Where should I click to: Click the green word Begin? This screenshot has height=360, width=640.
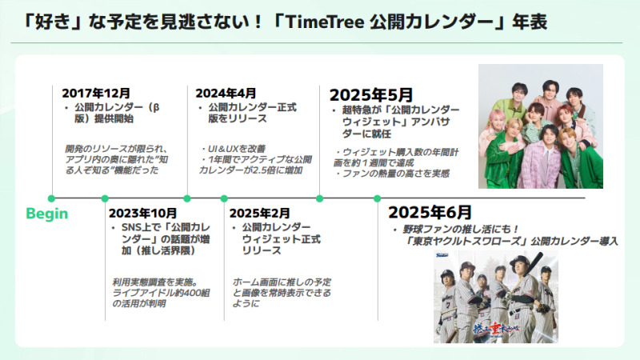coord(47,214)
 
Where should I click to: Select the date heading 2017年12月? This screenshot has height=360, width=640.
coord(96,93)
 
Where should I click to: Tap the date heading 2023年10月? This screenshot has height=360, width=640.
coord(143,213)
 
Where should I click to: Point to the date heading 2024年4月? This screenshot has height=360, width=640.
coord(226,93)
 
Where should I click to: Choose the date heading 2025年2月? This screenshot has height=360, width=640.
coord(259,213)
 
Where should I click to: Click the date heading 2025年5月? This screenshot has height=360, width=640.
coord(371,95)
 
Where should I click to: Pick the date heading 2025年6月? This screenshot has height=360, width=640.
coord(430,212)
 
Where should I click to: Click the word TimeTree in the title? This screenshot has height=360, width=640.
coord(325,22)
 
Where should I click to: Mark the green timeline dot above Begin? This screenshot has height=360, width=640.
coord(51,198)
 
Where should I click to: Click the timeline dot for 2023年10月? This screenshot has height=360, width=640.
coord(105,198)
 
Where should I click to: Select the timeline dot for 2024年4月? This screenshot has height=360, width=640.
coord(187,198)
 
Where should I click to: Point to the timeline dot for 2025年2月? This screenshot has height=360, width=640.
coord(224,198)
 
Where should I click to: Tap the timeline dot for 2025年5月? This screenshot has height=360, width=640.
coord(319,198)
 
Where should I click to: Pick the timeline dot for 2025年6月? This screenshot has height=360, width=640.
coord(377,198)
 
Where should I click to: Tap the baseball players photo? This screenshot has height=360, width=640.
coord(495,297)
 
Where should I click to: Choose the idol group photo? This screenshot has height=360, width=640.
coord(541,126)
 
